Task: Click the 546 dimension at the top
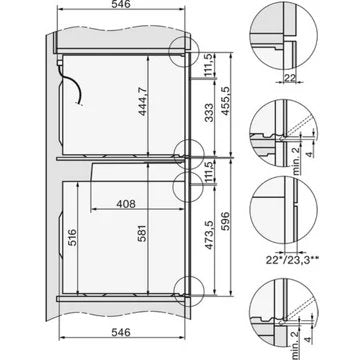tap(121, 4)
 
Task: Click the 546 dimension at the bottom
tap(121, 332)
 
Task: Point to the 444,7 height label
tap(143, 101)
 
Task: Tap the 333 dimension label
tap(209, 113)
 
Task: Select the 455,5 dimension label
tap(226, 101)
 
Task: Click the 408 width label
tap(126, 204)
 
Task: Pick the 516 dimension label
tap(72, 237)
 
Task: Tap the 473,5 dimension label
tap(209, 235)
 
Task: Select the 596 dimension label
tap(226, 222)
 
